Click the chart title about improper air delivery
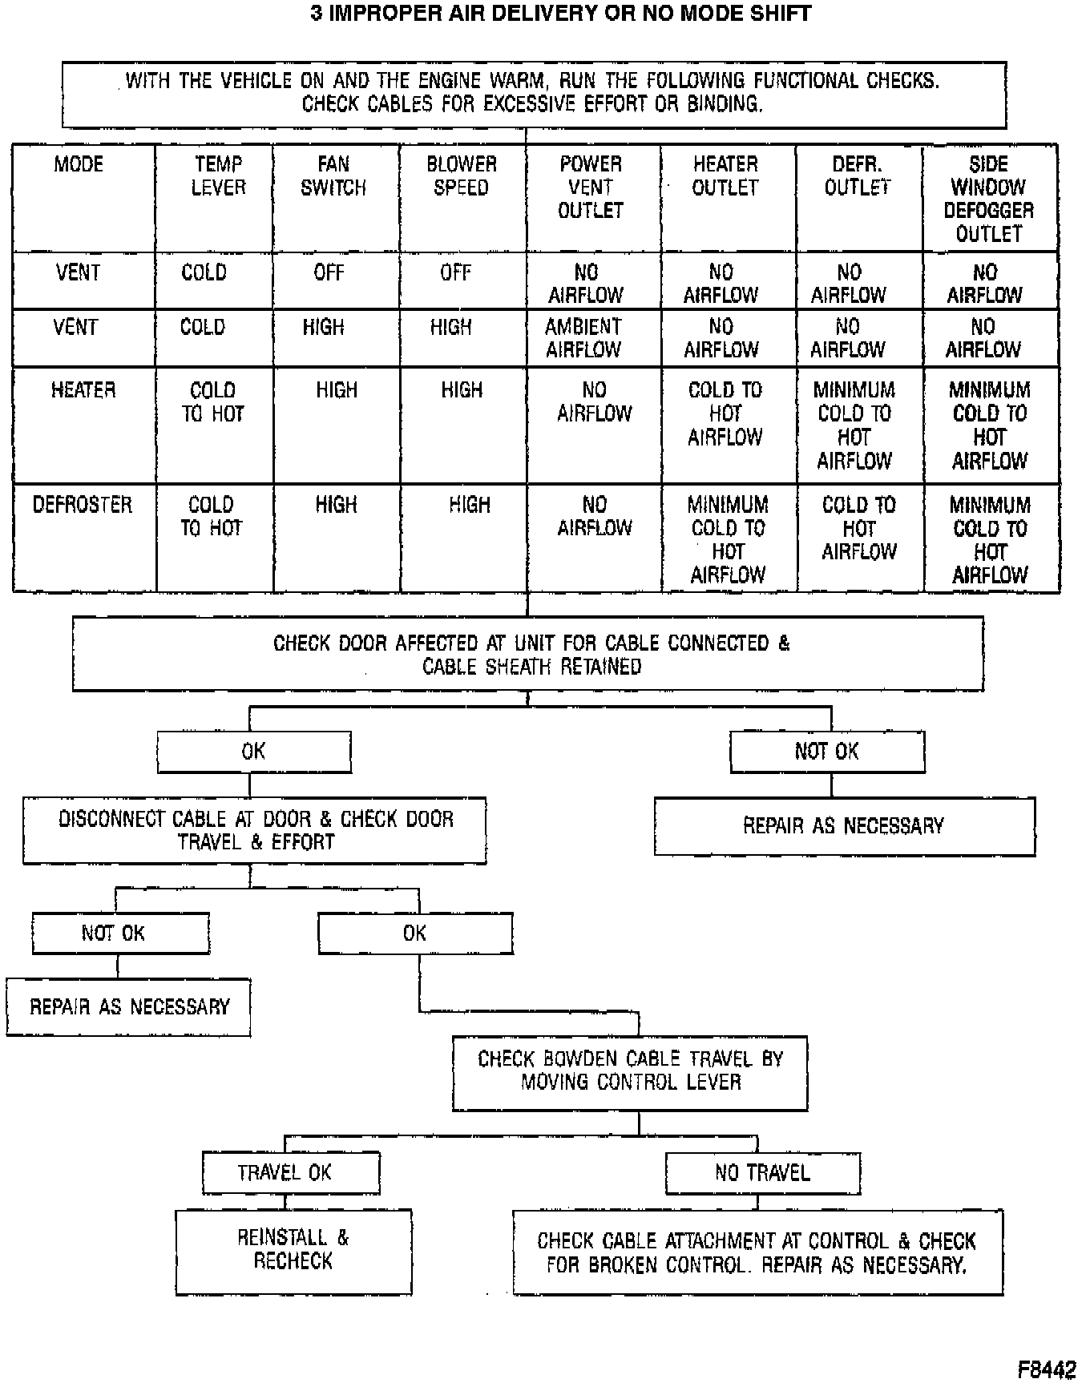(x=560, y=14)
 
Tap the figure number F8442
(x=1047, y=1369)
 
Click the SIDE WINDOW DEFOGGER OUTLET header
(x=988, y=199)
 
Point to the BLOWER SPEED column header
(x=461, y=175)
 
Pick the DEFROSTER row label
(x=82, y=505)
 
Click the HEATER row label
(x=83, y=390)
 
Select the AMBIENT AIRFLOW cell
(x=583, y=338)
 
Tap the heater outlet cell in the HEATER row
(x=725, y=413)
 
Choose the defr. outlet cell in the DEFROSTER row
(x=858, y=528)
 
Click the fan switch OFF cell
(x=329, y=272)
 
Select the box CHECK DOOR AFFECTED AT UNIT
(x=528, y=654)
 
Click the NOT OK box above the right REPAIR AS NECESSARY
(x=827, y=752)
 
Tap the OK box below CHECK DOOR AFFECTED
(x=253, y=752)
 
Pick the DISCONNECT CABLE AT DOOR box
(x=255, y=830)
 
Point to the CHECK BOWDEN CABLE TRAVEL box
(x=630, y=1071)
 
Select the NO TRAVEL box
(x=762, y=1173)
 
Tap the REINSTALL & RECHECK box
(x=293, y=1249)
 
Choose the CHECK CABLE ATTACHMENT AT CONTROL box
(x=757, y=1252)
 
